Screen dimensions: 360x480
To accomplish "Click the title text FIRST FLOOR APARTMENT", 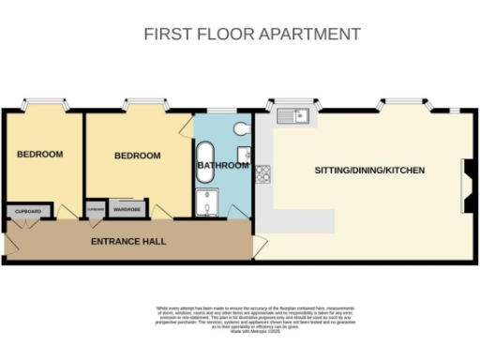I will [251, 34].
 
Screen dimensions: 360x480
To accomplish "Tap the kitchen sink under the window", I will [294, 116].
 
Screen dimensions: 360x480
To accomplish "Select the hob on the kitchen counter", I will [263, 172].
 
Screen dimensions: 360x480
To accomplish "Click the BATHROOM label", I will [223, 166].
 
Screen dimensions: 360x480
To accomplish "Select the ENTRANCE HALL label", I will [128, 241].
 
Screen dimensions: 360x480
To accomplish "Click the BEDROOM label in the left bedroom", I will [39, 154].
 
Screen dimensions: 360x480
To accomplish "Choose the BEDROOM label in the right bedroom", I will [138, 156].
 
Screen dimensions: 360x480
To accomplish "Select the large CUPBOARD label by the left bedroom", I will [27, 212].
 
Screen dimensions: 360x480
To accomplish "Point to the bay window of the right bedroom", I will [140, 102].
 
